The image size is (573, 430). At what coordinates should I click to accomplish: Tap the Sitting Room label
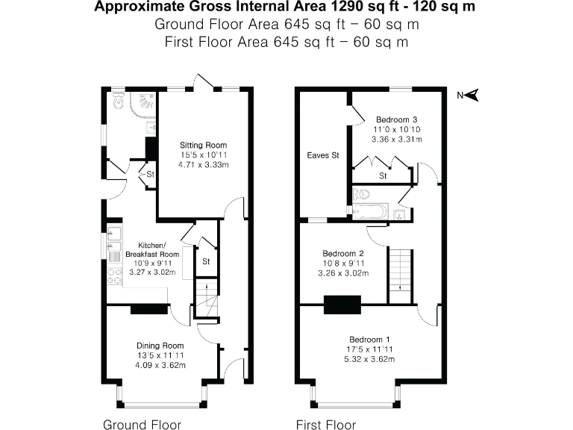(203, 145)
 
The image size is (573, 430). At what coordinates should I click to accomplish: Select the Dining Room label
(160, 346)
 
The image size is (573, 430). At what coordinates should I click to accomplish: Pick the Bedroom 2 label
(342, 252)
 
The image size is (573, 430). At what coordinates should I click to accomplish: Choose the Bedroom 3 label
(396, 119)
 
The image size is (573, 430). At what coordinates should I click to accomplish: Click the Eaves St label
(323, 155)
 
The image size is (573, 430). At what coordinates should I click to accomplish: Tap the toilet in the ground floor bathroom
(116, 102)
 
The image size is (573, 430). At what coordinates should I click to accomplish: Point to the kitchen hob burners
(115, 276)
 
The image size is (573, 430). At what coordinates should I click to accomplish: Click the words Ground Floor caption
(142, 425)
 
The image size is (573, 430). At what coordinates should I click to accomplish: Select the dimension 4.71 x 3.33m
(203, 164)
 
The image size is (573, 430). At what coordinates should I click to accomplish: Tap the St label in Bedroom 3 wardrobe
(383, 176)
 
